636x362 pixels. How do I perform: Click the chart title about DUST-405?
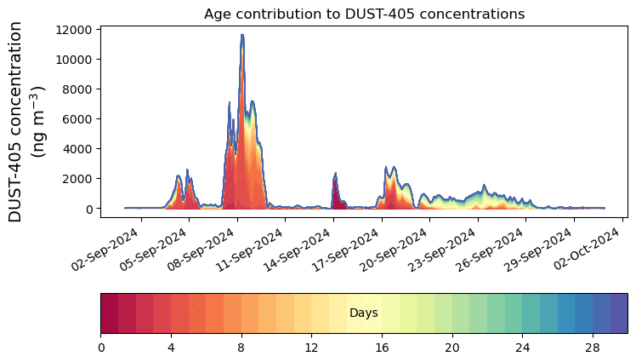click(x=364, y=14)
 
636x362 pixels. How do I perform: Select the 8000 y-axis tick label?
click(x=77, y=89)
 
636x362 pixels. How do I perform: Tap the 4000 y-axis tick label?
click(x=77, y=149)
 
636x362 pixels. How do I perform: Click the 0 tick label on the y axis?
click(x=88, y=209)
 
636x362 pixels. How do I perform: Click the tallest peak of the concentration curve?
click(x=242, y=35)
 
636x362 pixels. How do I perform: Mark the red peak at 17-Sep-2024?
click(x=336, y=174)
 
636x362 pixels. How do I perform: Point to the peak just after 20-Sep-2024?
click(x=387, y=168)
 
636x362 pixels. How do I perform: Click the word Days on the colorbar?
click(x=363, y=313)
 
